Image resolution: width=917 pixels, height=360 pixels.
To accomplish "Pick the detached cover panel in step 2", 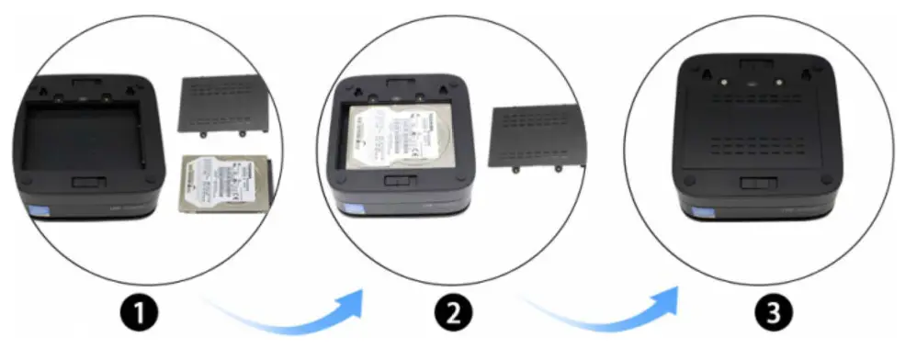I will coord(533,137).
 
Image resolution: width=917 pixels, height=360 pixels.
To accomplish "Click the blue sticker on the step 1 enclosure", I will coord(39,212).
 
